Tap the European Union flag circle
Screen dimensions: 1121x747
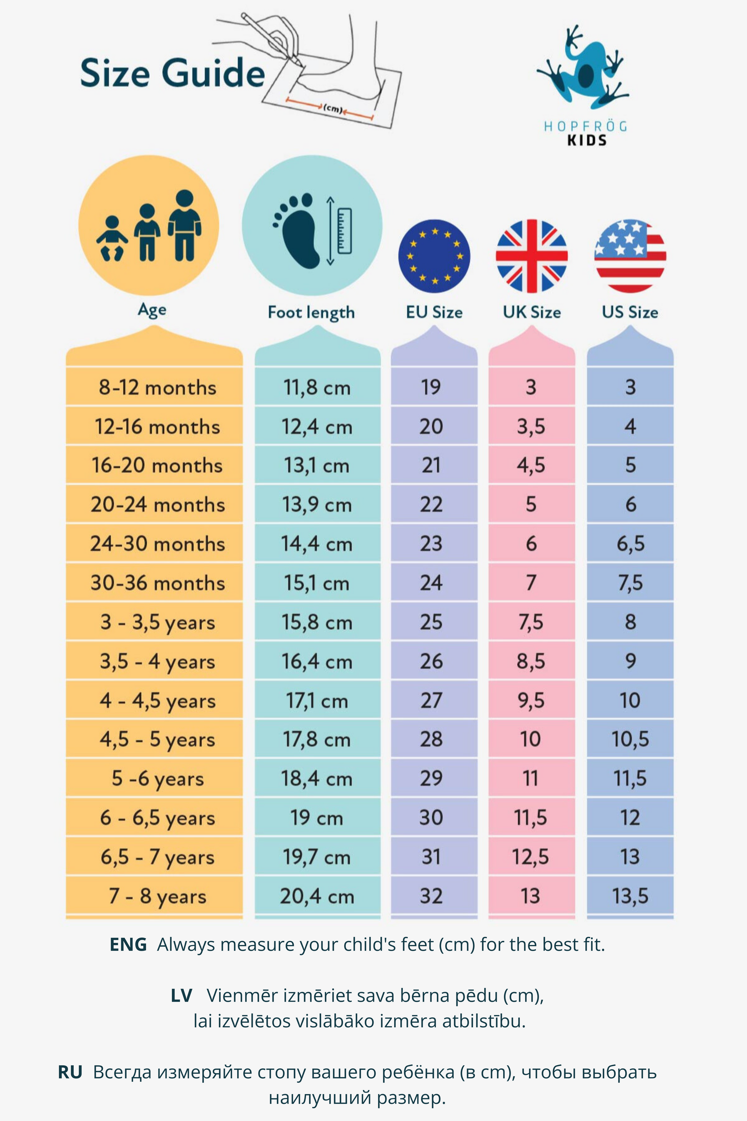pyautogui.click(x=434, y=256)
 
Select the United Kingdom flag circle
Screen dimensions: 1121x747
pyautogui.click(x=531, y=256)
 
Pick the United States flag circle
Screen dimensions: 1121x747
pyautogui.click(x=630, y=256)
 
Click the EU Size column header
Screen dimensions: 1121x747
pyautogui.click(x=434, y=312)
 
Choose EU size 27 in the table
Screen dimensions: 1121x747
pyautogui.click(x=431, y=700)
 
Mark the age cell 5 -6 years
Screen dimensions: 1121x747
pyautogui.click(x=158, y=779)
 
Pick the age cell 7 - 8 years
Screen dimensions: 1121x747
pyautogui.click(x=158, y=896)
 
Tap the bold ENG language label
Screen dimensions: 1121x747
pyautogui.click(x=128, y=945)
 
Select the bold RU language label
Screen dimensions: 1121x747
pyautogui.click(x=70, y=1072)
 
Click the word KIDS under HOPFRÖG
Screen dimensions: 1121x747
pyautogui.click(x=587, y=140)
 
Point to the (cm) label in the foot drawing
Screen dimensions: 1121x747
pyautogui.click(x=333, y=109)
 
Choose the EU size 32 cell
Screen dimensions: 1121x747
pyautogui.click(x=431, y=896)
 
